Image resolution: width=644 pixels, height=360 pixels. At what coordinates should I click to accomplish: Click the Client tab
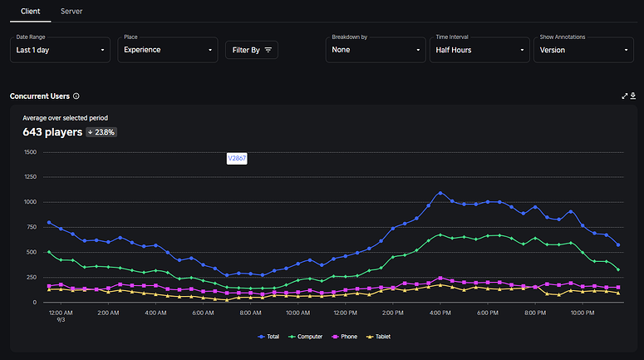tap(30, 11)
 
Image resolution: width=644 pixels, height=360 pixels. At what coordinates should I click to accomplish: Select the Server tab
tap(71, 11)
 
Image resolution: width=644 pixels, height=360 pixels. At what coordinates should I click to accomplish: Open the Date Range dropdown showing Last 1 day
tap(61, 50)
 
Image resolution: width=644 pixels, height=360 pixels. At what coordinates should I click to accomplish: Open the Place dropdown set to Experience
tap(167, 50)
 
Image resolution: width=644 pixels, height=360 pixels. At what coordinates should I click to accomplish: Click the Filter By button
tap(252, 50)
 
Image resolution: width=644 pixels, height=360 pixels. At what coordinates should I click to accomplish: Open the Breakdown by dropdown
tap(376, 50)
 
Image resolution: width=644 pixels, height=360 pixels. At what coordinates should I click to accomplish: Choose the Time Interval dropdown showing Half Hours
tap(479, 50)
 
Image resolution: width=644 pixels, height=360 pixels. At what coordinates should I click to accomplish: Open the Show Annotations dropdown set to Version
tap(583, 50)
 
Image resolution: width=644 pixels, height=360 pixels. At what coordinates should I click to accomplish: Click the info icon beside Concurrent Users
tap(76, 96)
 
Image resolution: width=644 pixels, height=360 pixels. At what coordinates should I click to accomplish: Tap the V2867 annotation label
tap(237, 158)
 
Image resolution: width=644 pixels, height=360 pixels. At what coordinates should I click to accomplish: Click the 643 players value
tap(52, 132)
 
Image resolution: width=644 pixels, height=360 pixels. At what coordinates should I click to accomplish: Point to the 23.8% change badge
tap(101, 132)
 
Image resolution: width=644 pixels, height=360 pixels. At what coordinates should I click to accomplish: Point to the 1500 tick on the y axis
tap(31, 152)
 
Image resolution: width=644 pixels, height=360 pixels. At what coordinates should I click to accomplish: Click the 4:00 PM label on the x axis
tap(440, 313)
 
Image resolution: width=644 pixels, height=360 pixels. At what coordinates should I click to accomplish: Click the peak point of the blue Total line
tap(440, 193)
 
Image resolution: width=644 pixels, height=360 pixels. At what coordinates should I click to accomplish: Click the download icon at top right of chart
tap(633, 96)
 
